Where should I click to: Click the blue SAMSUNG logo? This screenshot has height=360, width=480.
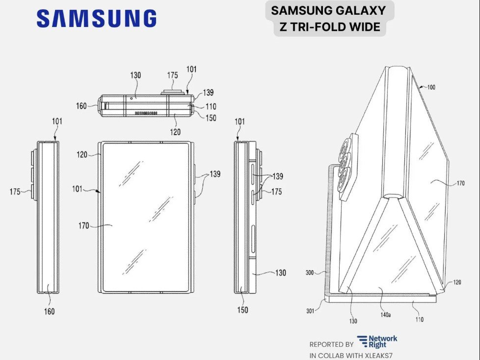97,18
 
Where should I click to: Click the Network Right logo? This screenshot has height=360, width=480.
377,341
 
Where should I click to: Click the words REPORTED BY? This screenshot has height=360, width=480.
331,345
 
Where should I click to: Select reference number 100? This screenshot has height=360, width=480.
431,87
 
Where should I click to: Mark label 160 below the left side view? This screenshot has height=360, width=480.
49,311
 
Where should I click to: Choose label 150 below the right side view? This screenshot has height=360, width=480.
242,310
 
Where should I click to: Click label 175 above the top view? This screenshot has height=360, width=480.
172,75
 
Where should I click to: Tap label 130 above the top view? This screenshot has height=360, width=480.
135,75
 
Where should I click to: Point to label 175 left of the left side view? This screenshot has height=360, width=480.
15,192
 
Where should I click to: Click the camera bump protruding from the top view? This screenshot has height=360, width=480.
172,92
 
